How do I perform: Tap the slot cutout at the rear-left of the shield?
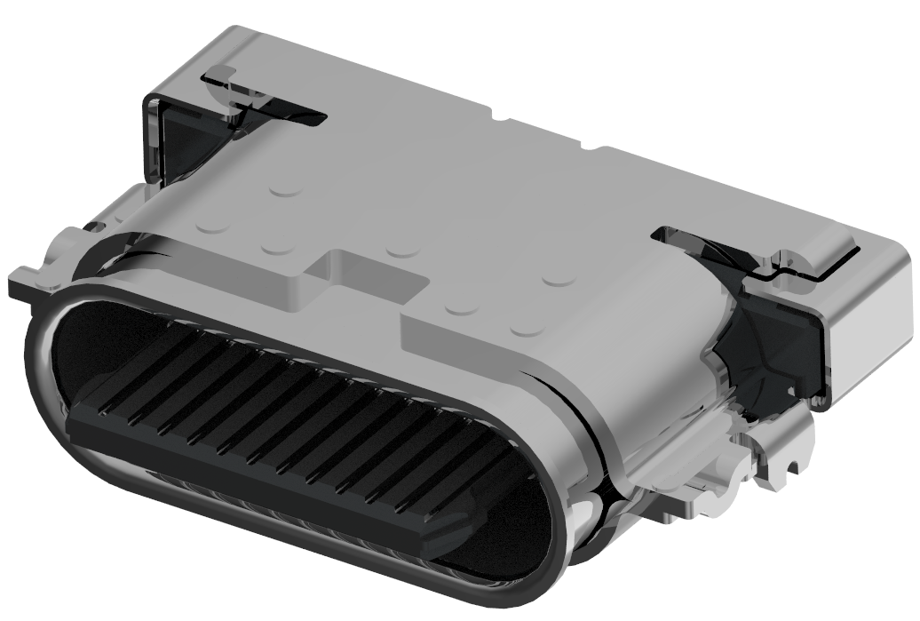click(266, 98)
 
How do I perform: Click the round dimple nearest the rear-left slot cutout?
click(284, 189)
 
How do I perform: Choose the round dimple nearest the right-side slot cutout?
click(559, 279)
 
